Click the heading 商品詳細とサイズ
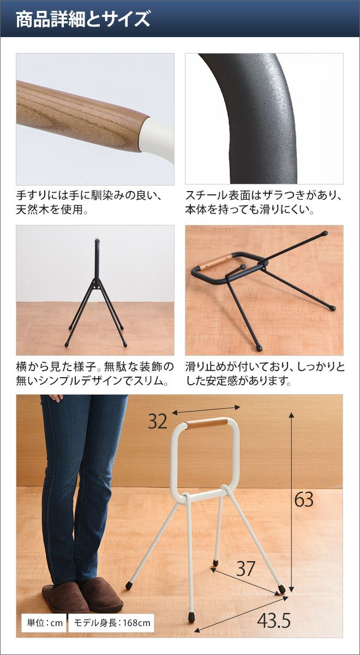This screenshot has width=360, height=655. pos(83,19)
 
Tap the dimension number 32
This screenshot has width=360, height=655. pos(158,421)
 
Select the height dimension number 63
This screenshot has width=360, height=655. pos(304,499)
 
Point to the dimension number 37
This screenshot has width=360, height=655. pos(246,568)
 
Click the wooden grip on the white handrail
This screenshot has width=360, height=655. pos(207,424)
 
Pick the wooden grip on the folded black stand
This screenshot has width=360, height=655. pos(214,261)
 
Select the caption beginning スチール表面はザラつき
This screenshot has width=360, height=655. pos(263,203)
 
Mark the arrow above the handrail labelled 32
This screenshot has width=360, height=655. pos(206,409)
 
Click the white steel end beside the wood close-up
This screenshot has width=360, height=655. pos(157,139)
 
